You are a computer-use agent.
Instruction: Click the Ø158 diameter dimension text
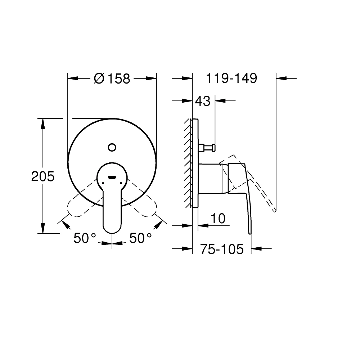tap(112, 78)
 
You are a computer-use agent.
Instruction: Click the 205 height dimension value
tap(42, 176)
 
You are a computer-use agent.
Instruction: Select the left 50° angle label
tap(85, 238)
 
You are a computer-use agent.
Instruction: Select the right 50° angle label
tap(140, 238)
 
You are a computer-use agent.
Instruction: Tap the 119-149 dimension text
tap(231, 78)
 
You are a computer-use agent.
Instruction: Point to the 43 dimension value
tap(202, 102)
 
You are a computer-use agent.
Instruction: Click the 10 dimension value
tap(218, 218)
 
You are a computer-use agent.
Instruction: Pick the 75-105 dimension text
tap(222, 249)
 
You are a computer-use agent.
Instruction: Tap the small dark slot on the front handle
tap(112, 177)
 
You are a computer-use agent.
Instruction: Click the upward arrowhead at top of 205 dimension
tap(43, 123)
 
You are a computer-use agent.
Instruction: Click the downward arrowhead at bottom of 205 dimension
tap(43, 229)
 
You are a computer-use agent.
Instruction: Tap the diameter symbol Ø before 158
tap(99, 78)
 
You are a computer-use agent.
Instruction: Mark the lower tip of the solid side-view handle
tap(251, 233)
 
